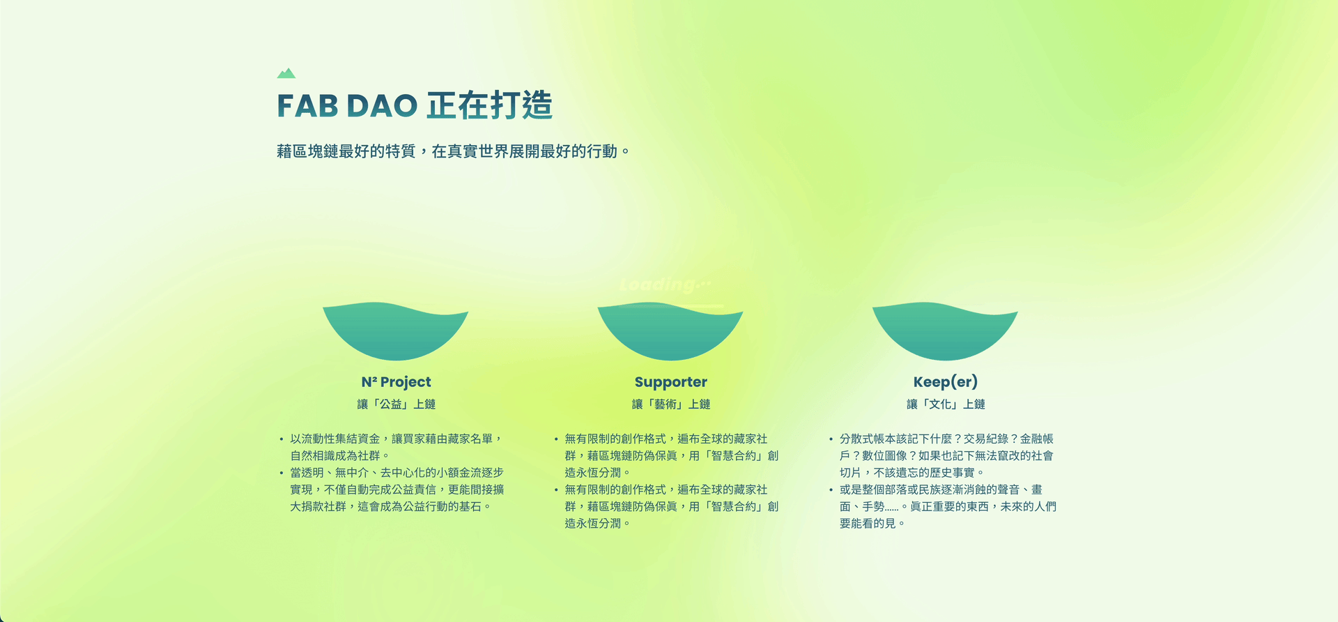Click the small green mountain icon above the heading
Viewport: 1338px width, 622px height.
[286, 73]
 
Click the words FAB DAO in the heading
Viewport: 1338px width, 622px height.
[347, 106]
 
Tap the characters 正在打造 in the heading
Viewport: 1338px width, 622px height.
[490, 105]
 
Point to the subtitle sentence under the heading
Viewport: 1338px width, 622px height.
[453, 151]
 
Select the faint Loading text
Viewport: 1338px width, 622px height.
[666, 285]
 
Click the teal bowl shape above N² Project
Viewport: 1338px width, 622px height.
[395, 331]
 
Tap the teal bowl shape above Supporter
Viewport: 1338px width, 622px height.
[670, 331]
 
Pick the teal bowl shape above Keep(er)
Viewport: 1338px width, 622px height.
[945, 331]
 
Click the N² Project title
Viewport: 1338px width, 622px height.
[396, 382]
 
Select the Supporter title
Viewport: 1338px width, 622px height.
[671, 382]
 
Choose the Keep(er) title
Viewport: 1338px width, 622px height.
[946, 381]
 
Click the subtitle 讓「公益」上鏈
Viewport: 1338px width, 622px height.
[397, 404]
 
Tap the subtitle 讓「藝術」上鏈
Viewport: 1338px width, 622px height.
[671, 404]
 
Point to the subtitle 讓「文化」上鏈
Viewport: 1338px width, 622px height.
[946, 404]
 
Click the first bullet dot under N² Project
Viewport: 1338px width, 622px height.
[282, 439]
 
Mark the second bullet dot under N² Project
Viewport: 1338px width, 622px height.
[282, 473]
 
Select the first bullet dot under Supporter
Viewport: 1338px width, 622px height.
[556, 439]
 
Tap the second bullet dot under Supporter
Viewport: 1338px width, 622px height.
[556, 490]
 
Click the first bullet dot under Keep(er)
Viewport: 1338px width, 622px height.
[831, 439]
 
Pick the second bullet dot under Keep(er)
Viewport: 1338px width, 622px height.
[831, 490]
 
